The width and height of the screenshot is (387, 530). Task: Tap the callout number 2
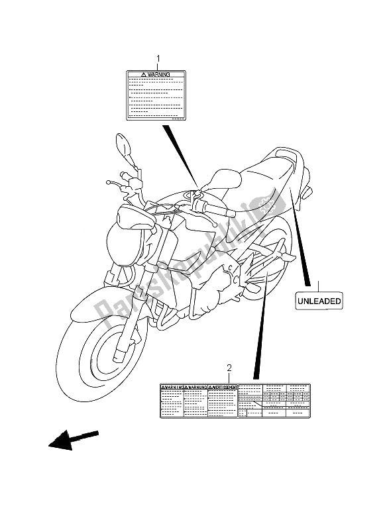tap(229, 368)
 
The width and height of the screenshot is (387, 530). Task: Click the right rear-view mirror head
tap(226, 178)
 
